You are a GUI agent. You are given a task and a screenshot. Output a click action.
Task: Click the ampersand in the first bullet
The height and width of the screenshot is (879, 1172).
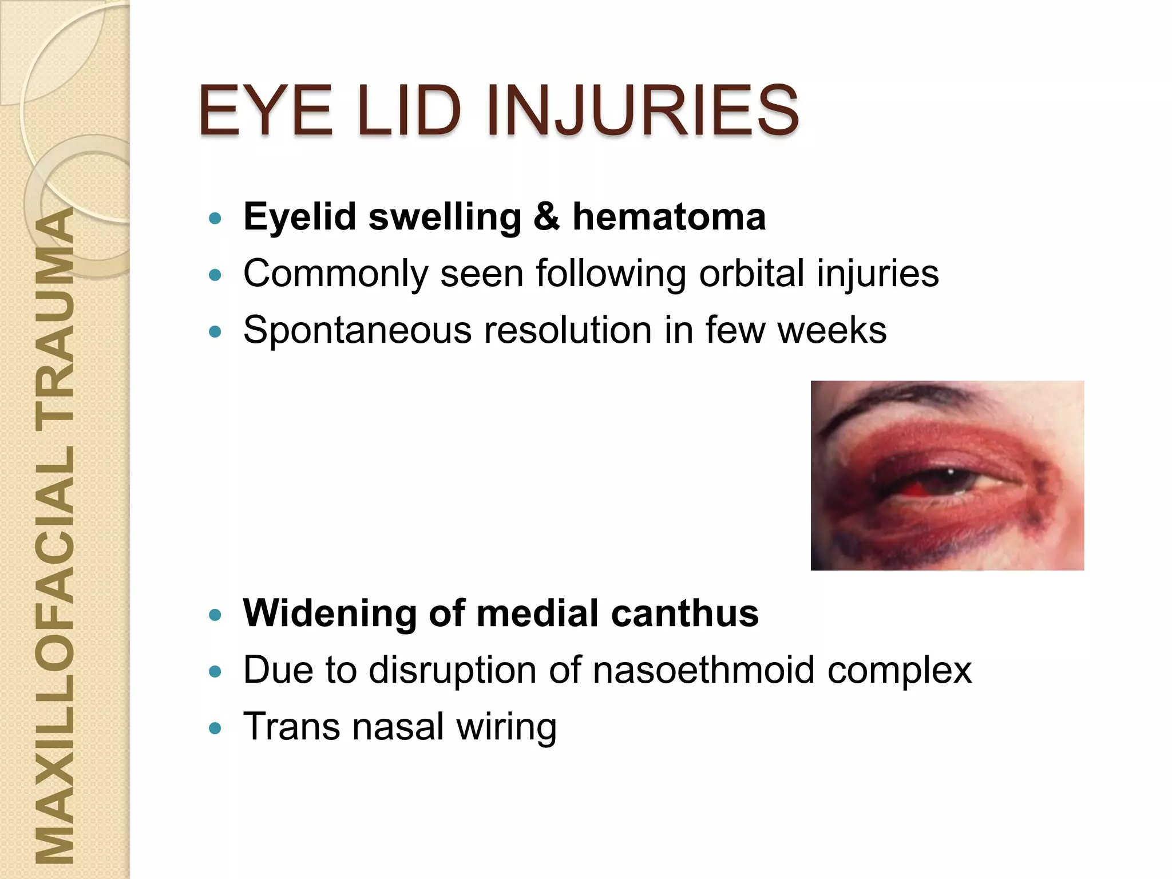tap(547, 217)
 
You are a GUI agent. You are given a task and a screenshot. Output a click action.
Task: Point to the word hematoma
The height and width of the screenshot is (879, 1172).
tap(669, 217)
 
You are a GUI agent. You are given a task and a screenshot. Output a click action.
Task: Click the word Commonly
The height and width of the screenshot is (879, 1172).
tap(335, 274)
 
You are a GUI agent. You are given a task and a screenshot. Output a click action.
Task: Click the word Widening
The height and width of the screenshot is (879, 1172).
tap(328, 614)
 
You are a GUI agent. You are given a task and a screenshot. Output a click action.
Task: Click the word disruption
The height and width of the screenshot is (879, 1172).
tap(452, 671)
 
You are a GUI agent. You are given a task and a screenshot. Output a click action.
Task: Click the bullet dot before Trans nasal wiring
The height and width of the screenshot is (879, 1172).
tap(215, 728)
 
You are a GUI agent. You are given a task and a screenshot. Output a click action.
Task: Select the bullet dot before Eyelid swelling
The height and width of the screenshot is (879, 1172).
tap(215, 218)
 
